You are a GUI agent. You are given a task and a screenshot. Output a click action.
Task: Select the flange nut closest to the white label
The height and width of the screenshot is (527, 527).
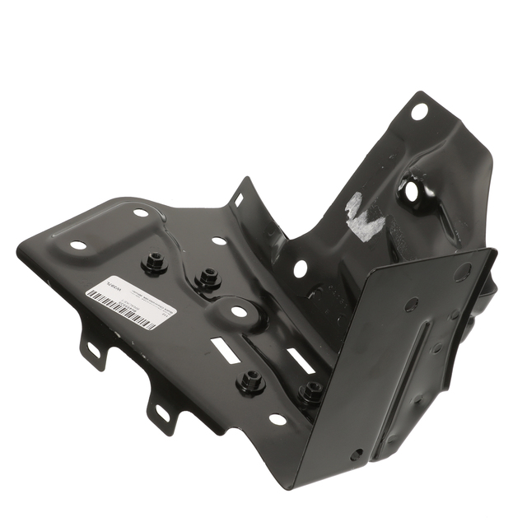tap(154, 263)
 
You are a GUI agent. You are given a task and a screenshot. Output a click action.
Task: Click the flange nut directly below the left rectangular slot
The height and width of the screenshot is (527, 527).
tap(250, 381)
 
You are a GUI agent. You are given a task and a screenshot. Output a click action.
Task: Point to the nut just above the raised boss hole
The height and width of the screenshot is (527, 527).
tap(208, 278)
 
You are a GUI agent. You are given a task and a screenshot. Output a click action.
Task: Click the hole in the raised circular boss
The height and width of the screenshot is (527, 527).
tap(238, 312)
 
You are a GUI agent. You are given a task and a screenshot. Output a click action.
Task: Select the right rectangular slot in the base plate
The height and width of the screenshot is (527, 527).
tap(297, 360)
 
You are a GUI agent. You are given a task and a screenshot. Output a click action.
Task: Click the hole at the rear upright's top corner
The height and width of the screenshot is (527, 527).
tap(419, 110)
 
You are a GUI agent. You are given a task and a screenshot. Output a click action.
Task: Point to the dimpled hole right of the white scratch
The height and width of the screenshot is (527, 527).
tap(411, 191)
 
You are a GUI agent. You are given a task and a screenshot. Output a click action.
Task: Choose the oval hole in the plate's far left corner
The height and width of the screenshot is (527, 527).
tap(78, 245)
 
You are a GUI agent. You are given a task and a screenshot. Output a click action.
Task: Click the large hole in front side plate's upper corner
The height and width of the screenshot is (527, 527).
tap(462, 271)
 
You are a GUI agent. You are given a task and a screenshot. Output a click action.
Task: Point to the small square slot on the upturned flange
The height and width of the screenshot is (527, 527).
tap(239, 199)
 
